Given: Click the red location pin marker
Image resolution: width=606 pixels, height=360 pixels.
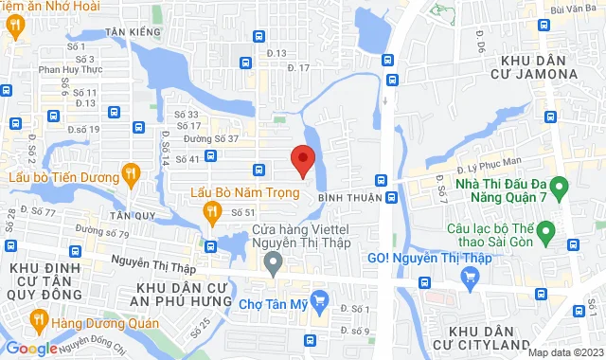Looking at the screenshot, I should pyautogui.click(x=302, y=160).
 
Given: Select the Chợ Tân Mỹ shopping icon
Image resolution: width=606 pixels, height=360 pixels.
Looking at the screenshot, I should pyautogui.click(x=320, y=303).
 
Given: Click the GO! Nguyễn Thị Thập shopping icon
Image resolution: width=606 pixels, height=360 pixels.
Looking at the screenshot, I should pyautogui.click(x=469, y=277).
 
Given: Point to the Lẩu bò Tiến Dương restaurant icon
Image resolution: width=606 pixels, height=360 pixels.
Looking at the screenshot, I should pyautogui.click(x=131, y=173).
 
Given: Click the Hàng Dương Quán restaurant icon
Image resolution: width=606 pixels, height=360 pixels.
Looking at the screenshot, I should pyautogui.click(x=38, y=318).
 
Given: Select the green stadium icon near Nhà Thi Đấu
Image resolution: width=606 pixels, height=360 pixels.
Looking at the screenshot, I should pyautogui.click(x=559, y=186).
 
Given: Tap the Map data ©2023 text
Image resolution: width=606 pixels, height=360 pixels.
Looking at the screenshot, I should pyautogui.click(x=565, y=352).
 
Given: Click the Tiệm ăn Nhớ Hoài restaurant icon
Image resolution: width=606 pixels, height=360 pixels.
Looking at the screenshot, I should pyautogui.click(x=14, y=27).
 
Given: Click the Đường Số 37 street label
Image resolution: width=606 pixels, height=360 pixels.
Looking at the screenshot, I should pyautogui.click(x=210, y=139).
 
